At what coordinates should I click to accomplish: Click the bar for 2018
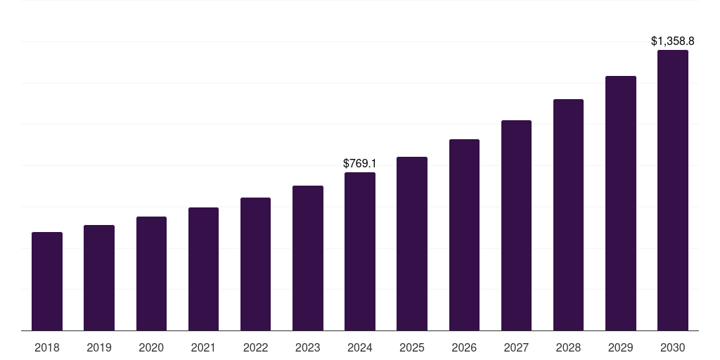(47, 281)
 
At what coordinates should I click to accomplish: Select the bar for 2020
(151, 274)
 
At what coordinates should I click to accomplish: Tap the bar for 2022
(255, 264)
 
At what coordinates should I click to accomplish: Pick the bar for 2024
(360, 251)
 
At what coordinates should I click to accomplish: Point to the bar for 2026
(464, 235)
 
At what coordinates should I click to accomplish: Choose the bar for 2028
(568, 214)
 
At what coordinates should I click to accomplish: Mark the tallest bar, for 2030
(672, 190)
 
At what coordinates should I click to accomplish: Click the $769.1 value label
(360, 163)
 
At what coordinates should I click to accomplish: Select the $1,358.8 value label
(672, 41)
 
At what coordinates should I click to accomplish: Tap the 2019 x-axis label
(99, 347)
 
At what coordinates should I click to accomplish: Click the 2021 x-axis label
(203, 347)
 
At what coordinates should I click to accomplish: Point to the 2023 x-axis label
(307, 347)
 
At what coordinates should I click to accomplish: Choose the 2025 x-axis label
(412, 347)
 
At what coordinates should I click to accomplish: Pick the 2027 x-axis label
(516, 347)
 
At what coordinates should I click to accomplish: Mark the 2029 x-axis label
(620, 347)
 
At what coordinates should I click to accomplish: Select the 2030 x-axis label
(672, 347)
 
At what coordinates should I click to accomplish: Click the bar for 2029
(620, 203)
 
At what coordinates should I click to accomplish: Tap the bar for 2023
(307, 258)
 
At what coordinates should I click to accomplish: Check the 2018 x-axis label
(47, 347)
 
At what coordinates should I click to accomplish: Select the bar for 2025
(412, 243)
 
